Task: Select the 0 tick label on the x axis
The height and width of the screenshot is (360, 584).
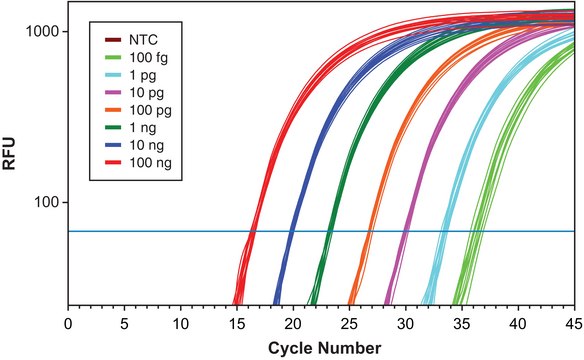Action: [x=68, y=323]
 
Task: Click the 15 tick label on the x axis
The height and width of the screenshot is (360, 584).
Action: [x=237, y=323]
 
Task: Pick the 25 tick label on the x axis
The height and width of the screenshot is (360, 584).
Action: [x=349, y=323]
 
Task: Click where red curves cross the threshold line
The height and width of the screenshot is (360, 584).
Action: [x=252, y=231]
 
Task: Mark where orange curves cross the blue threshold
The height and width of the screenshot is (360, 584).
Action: [x=370, y=231]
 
